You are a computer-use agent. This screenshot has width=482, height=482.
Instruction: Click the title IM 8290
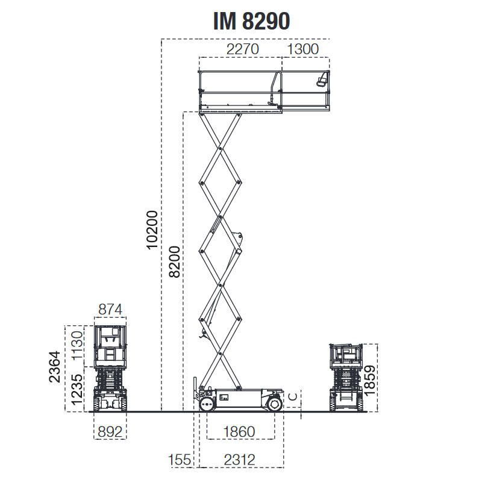pos(251,22)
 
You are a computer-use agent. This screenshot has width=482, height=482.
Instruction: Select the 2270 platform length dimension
pos(242,49)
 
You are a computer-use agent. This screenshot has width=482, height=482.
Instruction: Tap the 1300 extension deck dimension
pos(303,49)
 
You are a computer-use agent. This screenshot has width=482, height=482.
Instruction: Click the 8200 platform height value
pos(174,262)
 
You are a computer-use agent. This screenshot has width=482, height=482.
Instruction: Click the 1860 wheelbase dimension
pos(240,431)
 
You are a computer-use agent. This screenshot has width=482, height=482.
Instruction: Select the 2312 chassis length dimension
pos(240,460)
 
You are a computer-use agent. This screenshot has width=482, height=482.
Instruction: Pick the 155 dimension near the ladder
pos(180,460)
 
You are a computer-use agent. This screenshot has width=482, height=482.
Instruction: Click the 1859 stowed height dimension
pos(370,378)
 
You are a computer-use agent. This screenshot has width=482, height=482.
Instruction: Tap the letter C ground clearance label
pos(292,396)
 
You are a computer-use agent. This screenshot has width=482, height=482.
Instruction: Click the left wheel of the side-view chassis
pos(207,404)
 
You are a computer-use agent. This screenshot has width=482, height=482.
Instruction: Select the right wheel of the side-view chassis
pos(274,404)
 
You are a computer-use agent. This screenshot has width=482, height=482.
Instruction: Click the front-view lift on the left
pos(110,369)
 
